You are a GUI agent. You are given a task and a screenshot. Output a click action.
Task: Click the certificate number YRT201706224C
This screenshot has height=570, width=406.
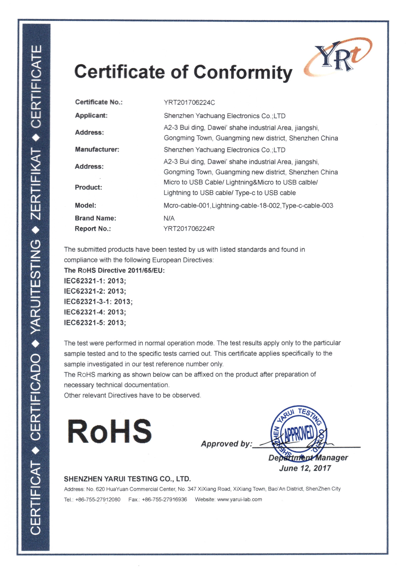pyautogui.click(x=189, y=102)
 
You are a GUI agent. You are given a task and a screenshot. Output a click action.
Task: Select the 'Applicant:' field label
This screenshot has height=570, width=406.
pyautogui.click(x=91, y=115)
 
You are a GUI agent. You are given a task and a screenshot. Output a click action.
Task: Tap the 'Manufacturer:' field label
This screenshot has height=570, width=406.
pyautogui.click(x=97, y=150)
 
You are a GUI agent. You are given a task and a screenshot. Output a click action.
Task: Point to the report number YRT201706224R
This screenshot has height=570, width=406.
pyautogui.click(x=189, y=229)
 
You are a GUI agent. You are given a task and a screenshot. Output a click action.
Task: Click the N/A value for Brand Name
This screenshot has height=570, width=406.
pyautogui.click(x=169, y=218)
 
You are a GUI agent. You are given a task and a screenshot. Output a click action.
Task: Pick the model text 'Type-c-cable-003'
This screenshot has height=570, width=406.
pyautogui.click(x=307, y=206)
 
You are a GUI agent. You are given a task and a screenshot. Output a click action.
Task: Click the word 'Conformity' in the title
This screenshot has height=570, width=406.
pyautogui.click(x=243, y=72)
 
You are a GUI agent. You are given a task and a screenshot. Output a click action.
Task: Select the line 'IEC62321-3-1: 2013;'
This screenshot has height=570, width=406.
pyautogui.click(x=98, y=301)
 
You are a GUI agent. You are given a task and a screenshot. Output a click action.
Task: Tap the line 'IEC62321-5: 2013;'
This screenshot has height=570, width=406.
pyautogui.click(x=95, y=323)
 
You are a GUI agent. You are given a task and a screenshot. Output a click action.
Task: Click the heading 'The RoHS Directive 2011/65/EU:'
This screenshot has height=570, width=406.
pyautogui.click(x=114, y=271)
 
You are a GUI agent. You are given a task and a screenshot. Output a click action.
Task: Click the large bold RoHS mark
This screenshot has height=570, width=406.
pyautogui.click(x=110, y=431)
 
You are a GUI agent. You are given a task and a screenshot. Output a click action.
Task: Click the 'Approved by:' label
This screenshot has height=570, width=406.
pyautogui.click(x=226, y=444)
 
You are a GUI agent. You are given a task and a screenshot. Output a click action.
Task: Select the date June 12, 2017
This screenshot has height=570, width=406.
pyautogui.click(x=305, y=468)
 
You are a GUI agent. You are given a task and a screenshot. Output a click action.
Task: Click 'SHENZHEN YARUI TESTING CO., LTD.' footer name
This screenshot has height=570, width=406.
pyautogui.click(x=127, y=479)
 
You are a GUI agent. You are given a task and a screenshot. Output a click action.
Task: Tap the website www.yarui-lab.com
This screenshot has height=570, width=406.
pyautogui.click(x=240, y=499)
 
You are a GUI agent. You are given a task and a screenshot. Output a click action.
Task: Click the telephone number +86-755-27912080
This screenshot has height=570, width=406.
pyautogui.click(x=98, y=499)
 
